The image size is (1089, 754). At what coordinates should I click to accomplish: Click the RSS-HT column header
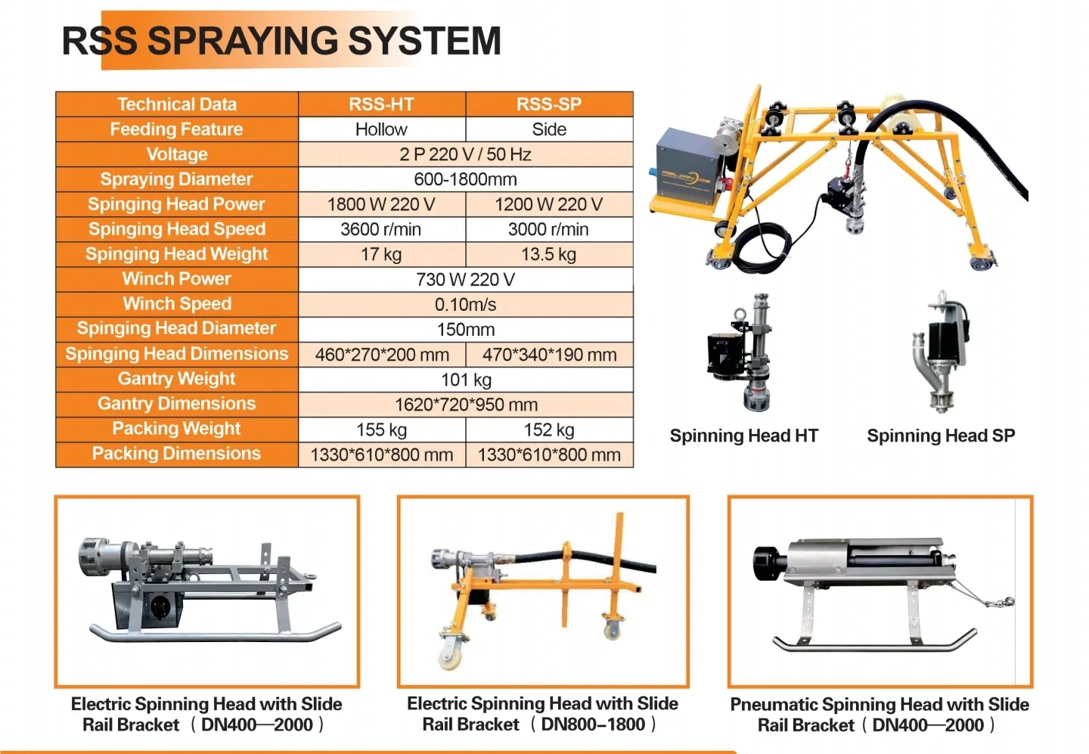(x=381, y=104)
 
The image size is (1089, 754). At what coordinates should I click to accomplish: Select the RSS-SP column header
(x=549, y=104)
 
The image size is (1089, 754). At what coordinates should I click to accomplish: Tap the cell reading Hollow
(x=381, y=129)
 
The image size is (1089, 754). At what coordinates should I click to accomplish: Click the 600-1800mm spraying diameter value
(x=465, y=179)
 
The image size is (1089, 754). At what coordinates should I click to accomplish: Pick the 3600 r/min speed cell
(x=381, y=229)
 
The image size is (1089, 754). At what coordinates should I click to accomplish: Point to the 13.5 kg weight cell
(x=549, y=254)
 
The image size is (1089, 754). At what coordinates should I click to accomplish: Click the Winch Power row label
(x=177, y=279)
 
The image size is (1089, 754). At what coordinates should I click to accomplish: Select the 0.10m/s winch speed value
(x=465, y=304)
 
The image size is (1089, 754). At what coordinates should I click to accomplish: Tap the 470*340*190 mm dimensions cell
(x=549, y=355)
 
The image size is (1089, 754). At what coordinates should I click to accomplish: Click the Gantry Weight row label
(x=177, y=379)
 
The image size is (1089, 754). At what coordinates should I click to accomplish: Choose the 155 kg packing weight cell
(x=381, y=430)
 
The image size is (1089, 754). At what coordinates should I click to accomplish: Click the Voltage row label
(x=177, y=154)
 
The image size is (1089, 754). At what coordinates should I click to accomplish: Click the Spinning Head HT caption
(x=743, y=436)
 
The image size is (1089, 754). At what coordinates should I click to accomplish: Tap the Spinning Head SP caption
(x=941, y=436)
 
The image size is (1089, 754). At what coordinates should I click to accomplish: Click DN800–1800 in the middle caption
(x=593, y=725)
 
